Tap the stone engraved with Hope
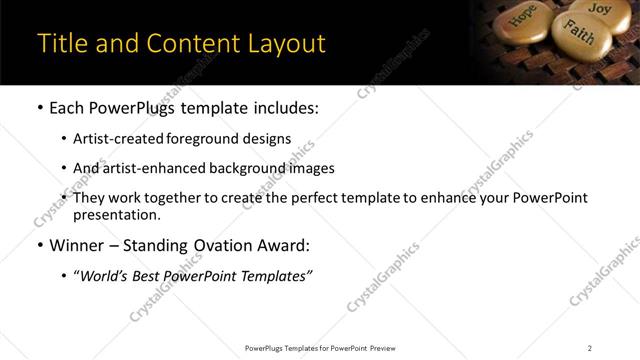pos(523,18)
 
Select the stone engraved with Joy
pos(599,9)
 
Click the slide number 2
pos(590,348)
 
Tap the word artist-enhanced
pos(144,168)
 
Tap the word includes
pos(283,105)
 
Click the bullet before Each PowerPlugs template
pos(39,106)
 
